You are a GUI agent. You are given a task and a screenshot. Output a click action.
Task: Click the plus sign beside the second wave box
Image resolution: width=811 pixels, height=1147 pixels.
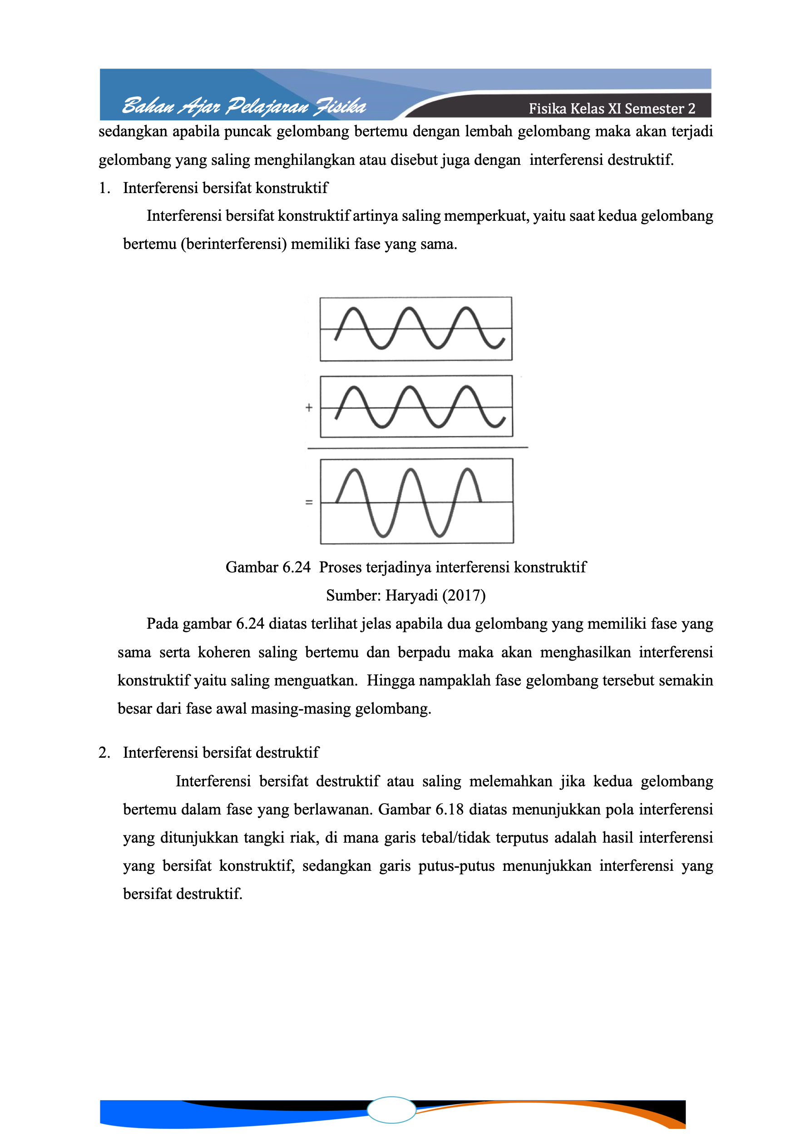[x=309, y=407]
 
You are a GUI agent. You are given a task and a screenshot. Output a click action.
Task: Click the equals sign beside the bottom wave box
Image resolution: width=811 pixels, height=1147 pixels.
[x=309, y=502]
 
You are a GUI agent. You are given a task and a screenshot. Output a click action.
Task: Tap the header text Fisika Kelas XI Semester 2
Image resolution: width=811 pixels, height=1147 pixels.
[x=611, y=109]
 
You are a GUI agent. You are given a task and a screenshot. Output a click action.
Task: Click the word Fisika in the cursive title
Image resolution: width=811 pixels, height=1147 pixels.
[x=340, y=106]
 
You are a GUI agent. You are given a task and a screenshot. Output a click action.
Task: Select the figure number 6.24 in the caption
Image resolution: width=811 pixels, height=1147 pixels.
[x=296, y=567]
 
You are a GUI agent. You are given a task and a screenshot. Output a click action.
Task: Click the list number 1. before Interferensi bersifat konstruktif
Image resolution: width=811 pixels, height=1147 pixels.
[x=104, y=189]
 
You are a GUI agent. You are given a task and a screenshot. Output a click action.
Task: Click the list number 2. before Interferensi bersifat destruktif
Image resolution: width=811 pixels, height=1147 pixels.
[x=104, y=753]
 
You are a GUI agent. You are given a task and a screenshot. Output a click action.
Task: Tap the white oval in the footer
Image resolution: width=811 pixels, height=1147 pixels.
[x=391, y=1110]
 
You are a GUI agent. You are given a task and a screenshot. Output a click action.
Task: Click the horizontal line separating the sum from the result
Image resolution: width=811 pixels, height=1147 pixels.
[x=417, y=448]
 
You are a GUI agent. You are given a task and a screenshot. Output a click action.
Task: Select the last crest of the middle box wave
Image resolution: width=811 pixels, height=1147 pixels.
[x=466, y=387]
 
